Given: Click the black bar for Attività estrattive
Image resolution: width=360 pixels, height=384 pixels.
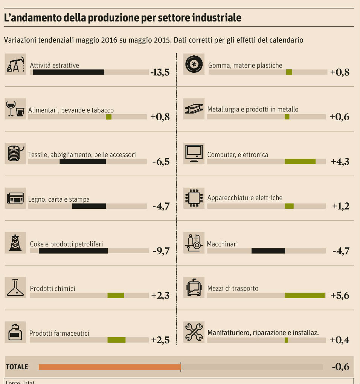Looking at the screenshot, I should (69, 72).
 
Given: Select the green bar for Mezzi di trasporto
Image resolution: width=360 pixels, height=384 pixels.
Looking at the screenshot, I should (305, 295).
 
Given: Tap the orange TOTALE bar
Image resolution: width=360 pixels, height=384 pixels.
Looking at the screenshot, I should (110, 367).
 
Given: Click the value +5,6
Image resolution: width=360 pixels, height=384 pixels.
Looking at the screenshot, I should (340, 295).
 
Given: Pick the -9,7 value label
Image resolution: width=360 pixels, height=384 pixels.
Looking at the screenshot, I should (161, 251).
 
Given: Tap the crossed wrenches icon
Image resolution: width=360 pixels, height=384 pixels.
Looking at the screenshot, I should (194, 332).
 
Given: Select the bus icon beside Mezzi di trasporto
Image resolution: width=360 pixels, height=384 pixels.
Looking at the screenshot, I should (194, 288).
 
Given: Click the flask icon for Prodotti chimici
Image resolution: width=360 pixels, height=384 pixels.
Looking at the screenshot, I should (15, 288).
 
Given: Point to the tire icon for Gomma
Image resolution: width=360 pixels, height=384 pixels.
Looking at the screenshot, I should (194, 64).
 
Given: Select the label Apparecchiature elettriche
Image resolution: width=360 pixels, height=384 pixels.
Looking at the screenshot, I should (245, 197).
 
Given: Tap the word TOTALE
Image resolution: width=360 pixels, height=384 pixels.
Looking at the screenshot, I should (17, 367).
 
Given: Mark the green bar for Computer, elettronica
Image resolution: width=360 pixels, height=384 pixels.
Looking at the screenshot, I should (300, 162).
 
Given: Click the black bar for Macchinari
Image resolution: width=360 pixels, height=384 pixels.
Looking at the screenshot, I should (268, 251).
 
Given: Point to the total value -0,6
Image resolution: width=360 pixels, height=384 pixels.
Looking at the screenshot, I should (340, 367).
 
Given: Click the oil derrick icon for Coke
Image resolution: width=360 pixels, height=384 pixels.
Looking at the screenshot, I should (15, 243).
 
